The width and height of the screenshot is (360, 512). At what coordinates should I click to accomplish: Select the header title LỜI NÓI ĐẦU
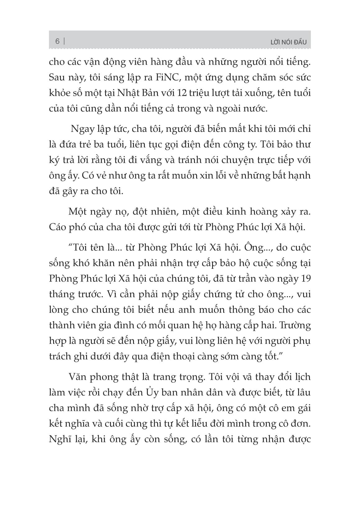(288, 42)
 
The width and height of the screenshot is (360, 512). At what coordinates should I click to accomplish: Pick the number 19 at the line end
(304, 278)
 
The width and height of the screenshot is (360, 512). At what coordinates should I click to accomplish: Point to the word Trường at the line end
(295, 325)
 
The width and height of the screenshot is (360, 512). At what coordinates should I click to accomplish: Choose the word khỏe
(59, 93)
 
